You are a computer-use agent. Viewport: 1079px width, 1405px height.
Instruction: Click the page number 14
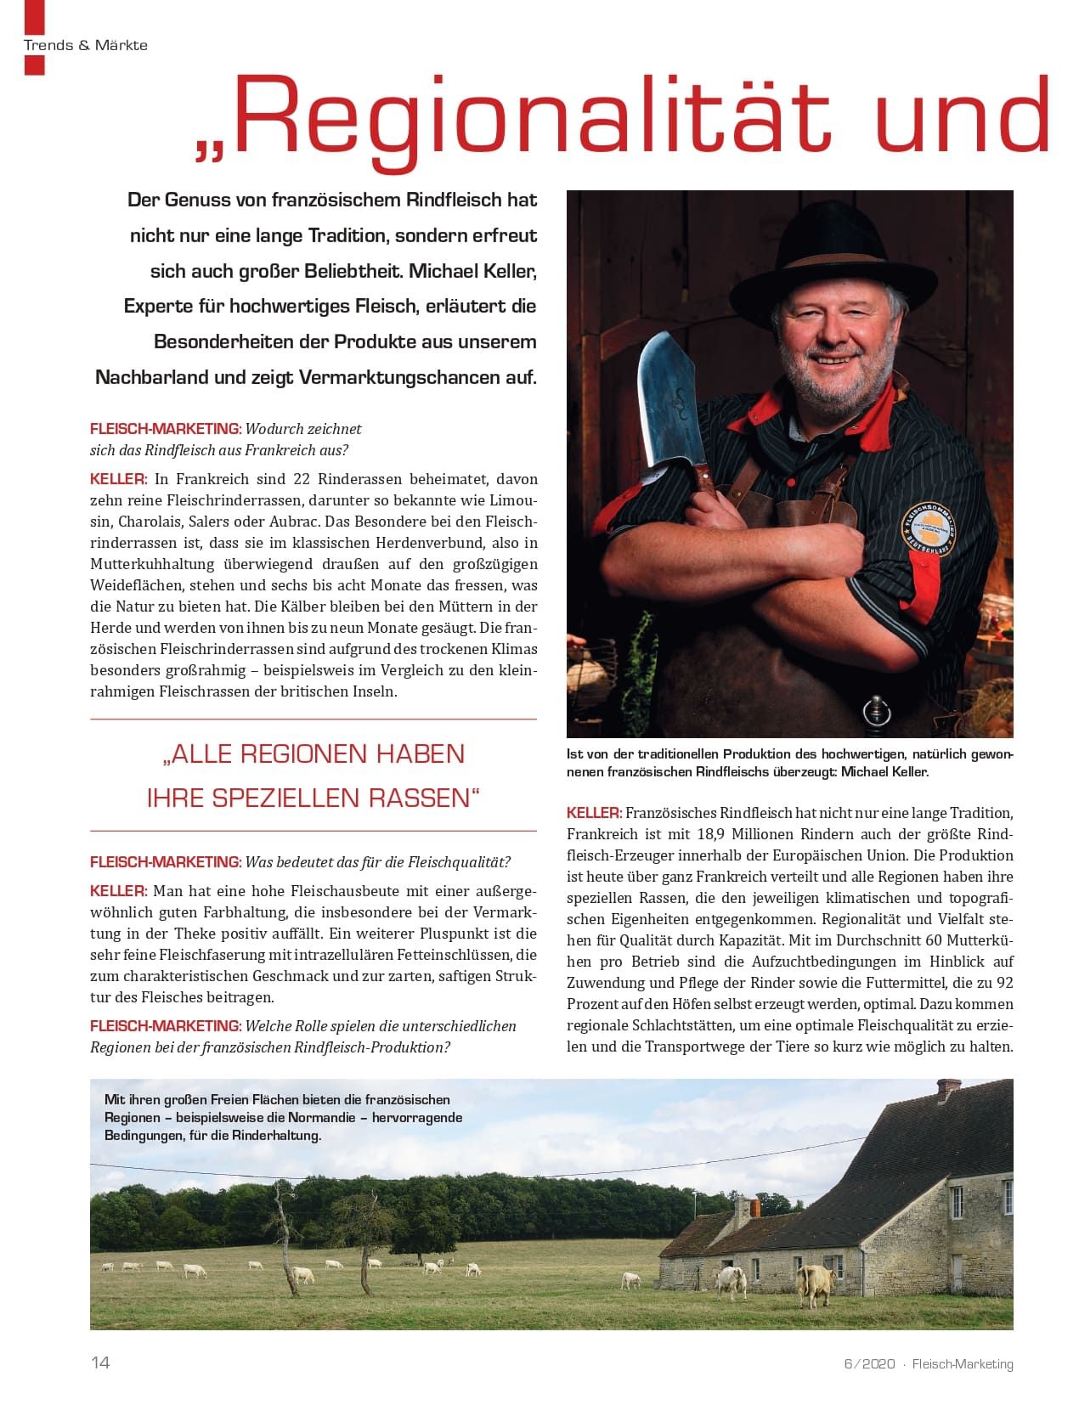[x=100, y=1363]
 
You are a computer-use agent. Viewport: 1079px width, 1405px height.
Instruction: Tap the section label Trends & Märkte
[x=86, y=45]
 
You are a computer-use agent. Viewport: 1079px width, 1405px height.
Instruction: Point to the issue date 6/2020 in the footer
[x=869, y=1363]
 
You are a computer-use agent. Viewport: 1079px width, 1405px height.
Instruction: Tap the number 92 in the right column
[x=1003, y=983]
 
